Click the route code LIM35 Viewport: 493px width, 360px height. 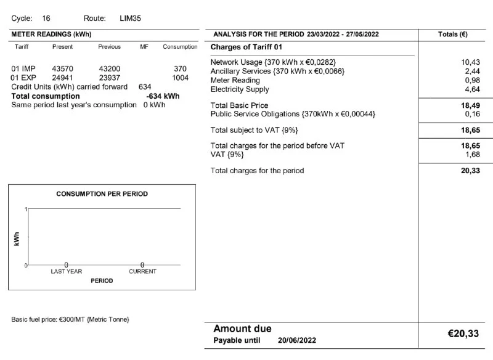[131, 18]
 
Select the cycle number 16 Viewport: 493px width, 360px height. [47, 18]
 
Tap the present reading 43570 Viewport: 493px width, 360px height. [63, 68]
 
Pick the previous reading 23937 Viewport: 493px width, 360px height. [110, 78]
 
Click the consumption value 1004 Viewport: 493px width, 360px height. [180, 78]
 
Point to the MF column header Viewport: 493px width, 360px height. [144, 47]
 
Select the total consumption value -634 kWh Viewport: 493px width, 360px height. [163, 96]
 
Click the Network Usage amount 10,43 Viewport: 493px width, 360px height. [470, 62]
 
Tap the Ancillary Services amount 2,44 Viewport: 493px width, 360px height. [472, 72]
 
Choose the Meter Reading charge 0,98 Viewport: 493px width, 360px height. [472, 80]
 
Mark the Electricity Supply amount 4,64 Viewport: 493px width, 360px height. [472, 89]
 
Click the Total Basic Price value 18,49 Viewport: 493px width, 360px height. [470, 105]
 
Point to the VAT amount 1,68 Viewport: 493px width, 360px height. [472, 154]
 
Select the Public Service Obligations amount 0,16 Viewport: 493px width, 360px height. [472, 114]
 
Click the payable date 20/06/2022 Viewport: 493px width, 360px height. [298, 340]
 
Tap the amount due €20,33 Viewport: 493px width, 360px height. [463, 333]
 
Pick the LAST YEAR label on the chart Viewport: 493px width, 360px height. [66, 271]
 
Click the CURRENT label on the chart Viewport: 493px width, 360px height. [142, 271]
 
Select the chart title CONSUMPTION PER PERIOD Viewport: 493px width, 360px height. [102, 194]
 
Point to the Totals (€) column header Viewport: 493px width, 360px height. [453, 34]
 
